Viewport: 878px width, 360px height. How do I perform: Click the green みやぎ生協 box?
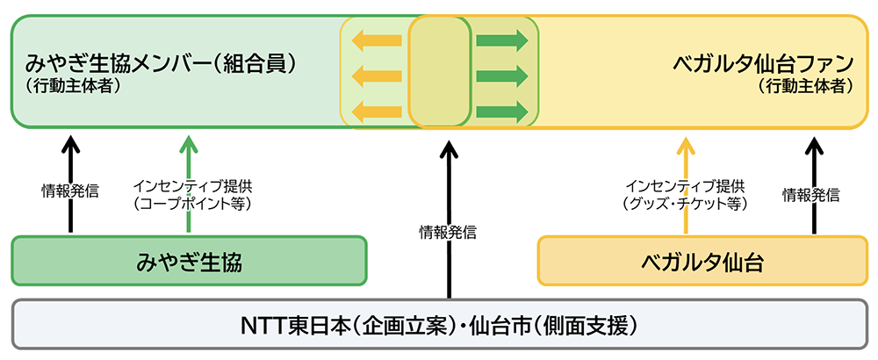click(x=189, y=261)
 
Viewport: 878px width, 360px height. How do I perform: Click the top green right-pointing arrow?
click(x=501, y=40)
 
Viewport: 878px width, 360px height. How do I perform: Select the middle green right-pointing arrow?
click(x=501, y=76)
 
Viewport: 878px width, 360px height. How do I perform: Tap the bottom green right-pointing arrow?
click(x=501, y=112)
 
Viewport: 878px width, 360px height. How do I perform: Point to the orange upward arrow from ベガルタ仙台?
click(x=686, y=180)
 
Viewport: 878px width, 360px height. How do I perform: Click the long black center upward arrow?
click(x=449, y=220)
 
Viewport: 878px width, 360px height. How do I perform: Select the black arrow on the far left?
click(x=71, y=180)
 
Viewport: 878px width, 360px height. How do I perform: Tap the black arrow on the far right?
click(x=812, y=180)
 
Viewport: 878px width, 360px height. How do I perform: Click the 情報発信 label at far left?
click(x=70, y=189)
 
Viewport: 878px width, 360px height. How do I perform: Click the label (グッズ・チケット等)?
click(x=685, y=204)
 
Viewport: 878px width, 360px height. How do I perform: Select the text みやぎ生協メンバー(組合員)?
click(x=159, y=64)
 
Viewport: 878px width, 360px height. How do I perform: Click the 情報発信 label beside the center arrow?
click(x=448, y=233)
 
